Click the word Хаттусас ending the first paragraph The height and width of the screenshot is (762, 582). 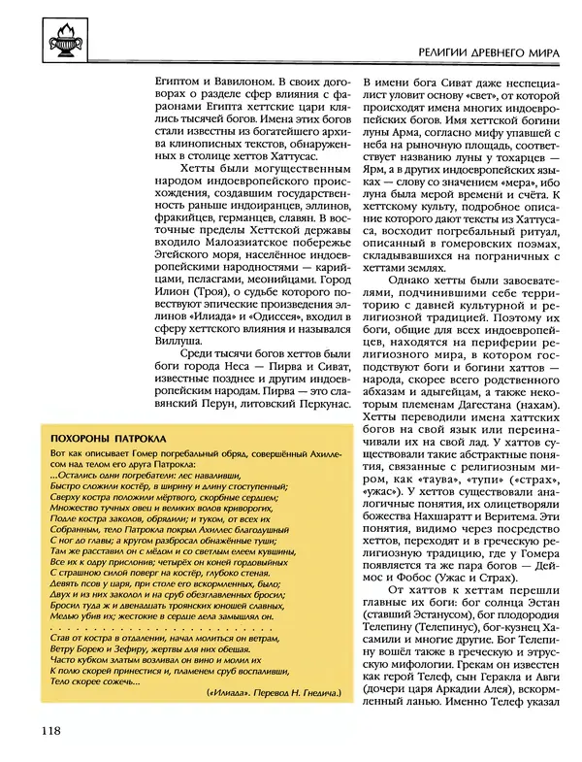[307, 154]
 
